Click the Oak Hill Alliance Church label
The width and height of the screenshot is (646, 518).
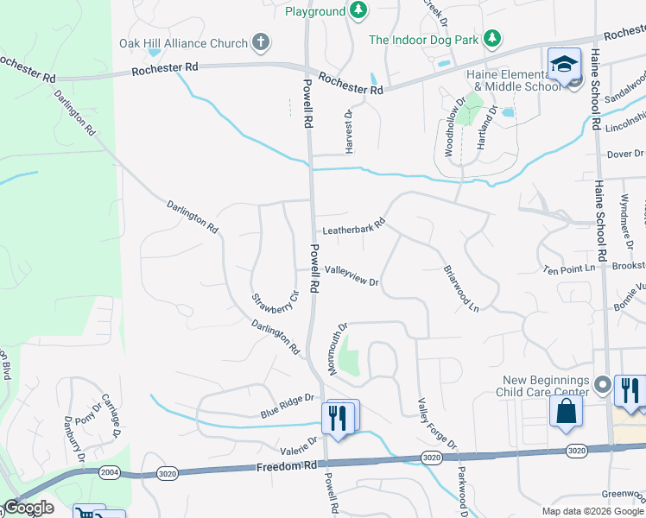(183, 43)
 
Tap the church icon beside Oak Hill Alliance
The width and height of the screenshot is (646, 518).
(260, 42)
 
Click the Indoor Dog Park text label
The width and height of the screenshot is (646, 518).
(424, 39)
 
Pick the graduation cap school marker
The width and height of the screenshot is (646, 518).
(564, 65)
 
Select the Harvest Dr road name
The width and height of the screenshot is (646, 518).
(350, 131)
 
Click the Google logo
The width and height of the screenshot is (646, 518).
(28, 508)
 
